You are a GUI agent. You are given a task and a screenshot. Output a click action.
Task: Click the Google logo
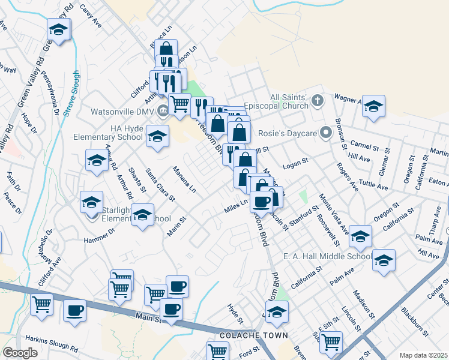click(x=20, y=353)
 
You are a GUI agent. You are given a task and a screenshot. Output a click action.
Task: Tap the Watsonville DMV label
click(x=122, y=112)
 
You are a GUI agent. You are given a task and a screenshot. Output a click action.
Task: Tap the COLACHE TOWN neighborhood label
click(x=246, y=335)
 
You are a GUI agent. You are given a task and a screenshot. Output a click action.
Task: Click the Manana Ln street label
click(x=184, y=179)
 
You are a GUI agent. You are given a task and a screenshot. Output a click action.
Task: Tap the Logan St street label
click(x=295, y=162)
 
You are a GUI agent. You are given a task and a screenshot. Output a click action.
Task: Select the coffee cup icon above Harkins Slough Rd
click(x=75, y=310)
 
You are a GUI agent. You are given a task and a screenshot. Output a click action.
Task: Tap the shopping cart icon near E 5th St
click(x=331, y=341)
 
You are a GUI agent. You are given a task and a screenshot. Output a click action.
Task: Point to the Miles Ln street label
click(x=237, y=206)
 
